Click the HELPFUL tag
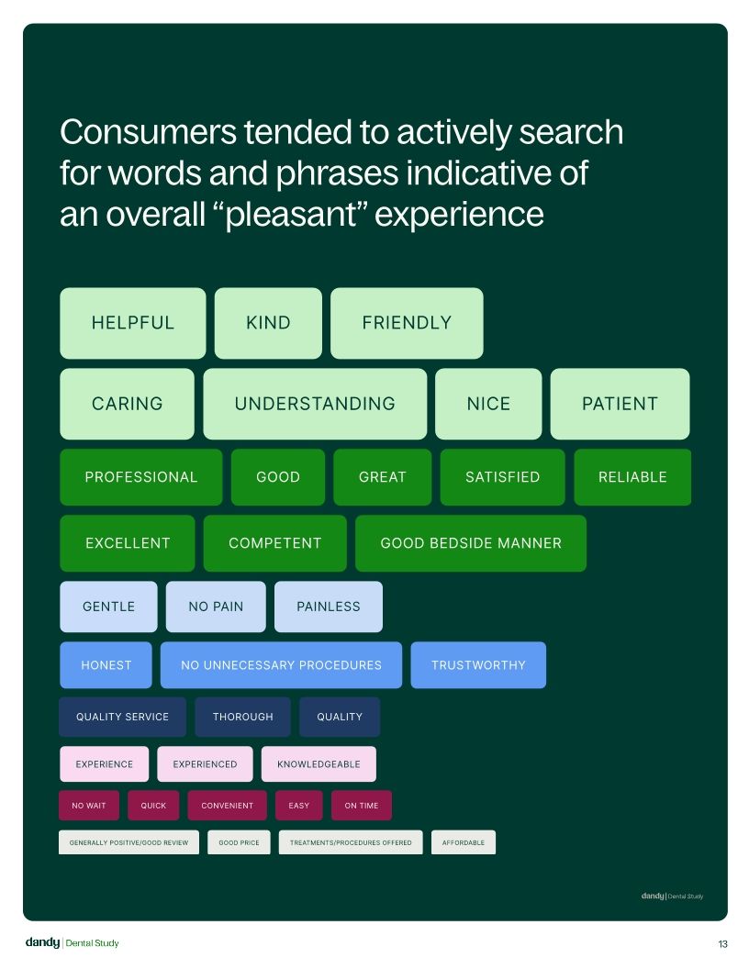click(x=133, y=323)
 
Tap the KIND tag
click(x=268, y=323)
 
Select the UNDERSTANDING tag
click(x=315, y=404)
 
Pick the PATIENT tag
click(x=620, y=404)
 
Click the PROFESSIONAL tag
click(x=141, y=477)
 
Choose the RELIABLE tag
click(x=632, y=477)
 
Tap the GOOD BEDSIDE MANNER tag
click(x=471, y=543)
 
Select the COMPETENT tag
click(x=275, y=543)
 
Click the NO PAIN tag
click(x=216, y=607)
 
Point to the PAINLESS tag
click(x=329, y=607)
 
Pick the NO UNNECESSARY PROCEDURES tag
click(x=281, y=665)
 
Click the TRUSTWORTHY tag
click(x=478, y=665)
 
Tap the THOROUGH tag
click(x=243, y=717)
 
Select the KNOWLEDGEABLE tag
click(x=319, y=764)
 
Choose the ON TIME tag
click(x=362, y=806)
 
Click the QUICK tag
click(x=153, y=806)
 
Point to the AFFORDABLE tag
click(x=464, y=842)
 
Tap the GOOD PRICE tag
click(x=240, y=842)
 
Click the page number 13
click(x=723, y=943)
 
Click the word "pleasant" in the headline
click(x=290, y=216)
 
